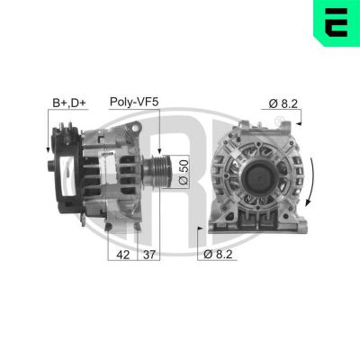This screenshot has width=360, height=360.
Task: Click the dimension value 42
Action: tap(122, 255)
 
